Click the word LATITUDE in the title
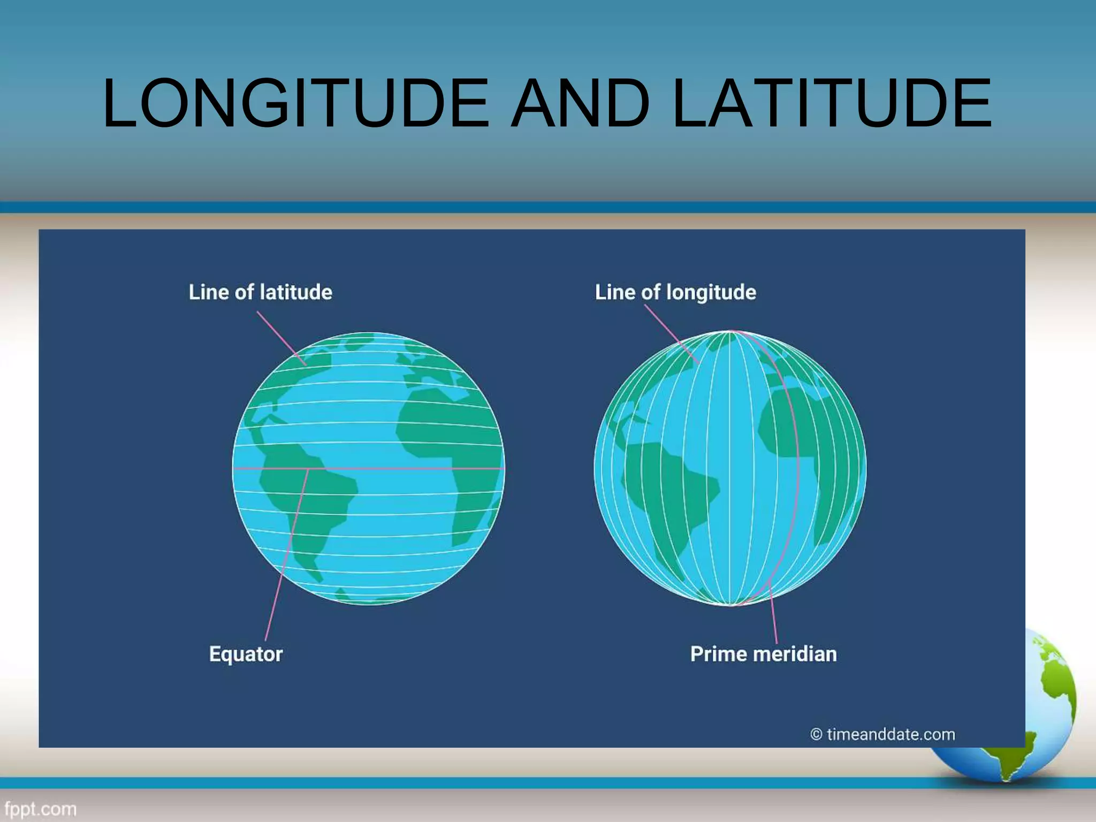tap(832, 103)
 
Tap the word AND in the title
tap(580, 103)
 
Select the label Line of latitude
tap(261, 292)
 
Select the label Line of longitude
tap(675, 292)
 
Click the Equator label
tap(246, 654)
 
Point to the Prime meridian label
tap(763, 654)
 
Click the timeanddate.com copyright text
tap(883, 734)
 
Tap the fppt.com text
tap(40, 809)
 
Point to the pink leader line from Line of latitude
tap(281, 339)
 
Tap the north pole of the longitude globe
tap(731, 332)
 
